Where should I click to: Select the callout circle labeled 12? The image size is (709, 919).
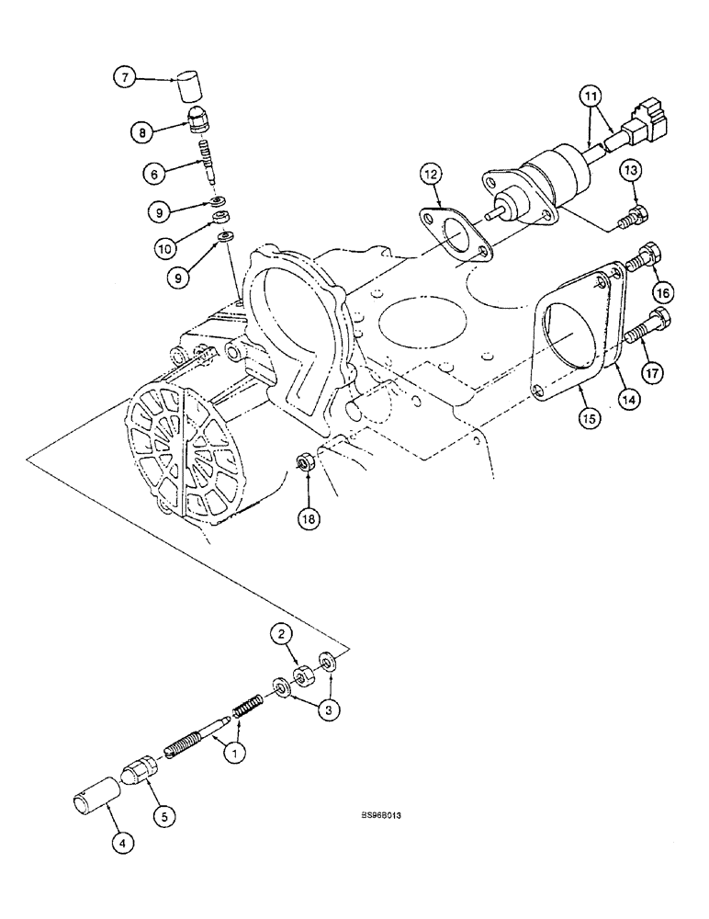(433, 174)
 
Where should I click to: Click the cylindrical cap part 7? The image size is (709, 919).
(188, 87)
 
